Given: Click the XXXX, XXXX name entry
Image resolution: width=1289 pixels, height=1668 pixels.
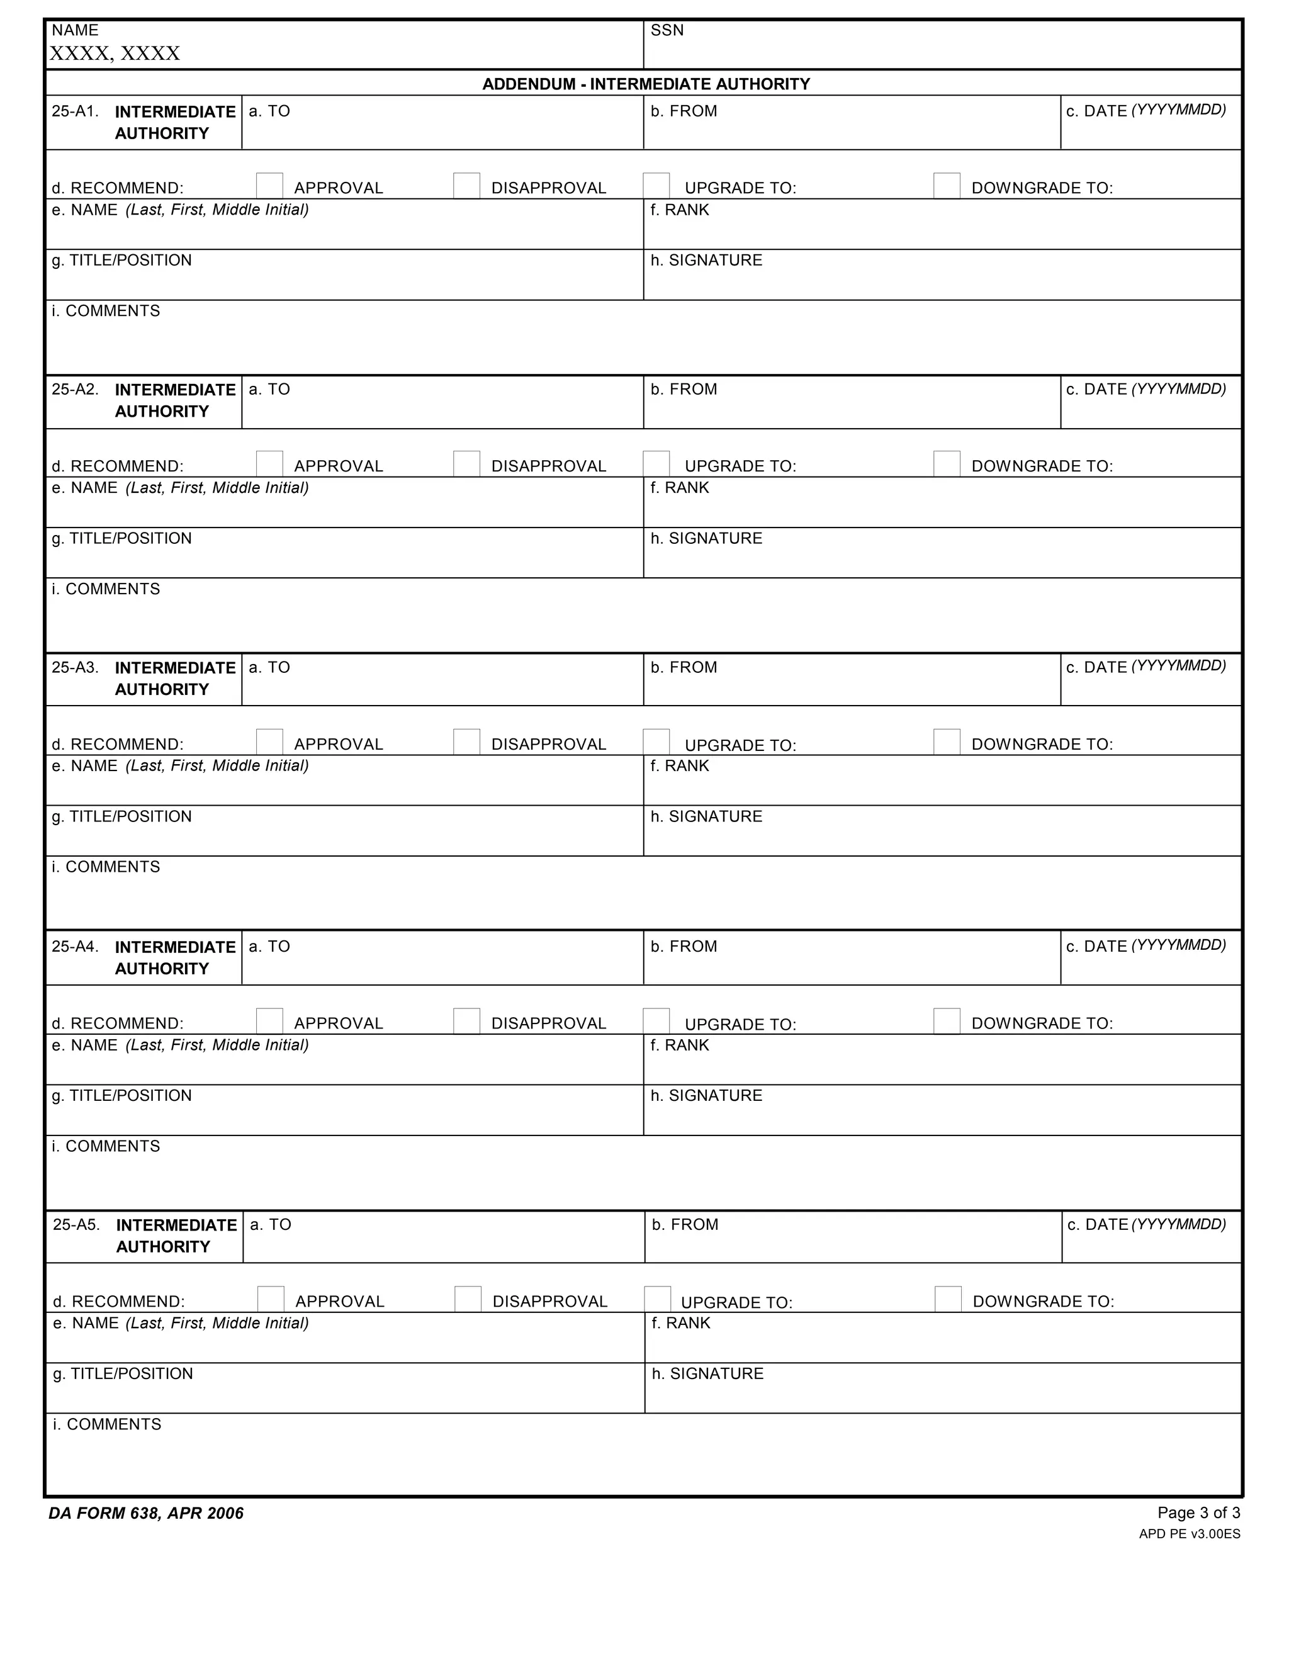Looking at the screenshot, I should [x=115, y=54].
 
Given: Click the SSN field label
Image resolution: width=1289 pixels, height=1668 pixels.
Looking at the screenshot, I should [x=667, y=31].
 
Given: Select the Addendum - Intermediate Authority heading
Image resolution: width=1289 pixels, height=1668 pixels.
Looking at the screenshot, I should [x=645, y=84].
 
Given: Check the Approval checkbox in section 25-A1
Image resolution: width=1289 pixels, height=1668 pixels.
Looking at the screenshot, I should [x=269, y=186].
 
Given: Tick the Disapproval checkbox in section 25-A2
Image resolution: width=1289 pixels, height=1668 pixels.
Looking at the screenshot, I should [x=466, y=464].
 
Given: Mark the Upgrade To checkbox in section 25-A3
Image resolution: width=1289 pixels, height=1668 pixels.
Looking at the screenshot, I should [x=656, y=741].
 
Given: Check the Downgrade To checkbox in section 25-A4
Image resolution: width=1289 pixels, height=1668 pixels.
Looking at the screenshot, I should [x=946, y=1021].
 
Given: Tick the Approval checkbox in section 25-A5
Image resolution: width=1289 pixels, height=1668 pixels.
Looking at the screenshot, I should [x=270, y=1299].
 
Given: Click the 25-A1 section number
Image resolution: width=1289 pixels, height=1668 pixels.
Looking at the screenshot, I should [x=75, y=111].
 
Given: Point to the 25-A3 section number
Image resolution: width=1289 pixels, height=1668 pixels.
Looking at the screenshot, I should [x=75, y=667].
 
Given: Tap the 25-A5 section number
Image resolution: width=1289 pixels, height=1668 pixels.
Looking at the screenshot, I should [x=76, y=1225].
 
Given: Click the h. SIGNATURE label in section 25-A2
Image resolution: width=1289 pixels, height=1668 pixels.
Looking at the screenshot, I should [x=706, y=538].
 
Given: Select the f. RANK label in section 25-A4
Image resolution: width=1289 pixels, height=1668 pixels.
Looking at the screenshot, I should [x=680, y=1045].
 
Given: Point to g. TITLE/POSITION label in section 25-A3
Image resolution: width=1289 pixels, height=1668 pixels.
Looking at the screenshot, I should [x=121, y=816].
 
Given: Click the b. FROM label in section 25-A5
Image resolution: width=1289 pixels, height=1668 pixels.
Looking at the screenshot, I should [x=685, y=1225].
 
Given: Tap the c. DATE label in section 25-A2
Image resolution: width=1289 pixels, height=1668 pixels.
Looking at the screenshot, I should [x=1145, y=390].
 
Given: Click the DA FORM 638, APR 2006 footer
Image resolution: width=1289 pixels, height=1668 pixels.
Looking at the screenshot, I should [x=146, y=1514].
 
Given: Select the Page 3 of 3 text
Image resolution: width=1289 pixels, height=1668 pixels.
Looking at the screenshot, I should [x=1198, y=1513].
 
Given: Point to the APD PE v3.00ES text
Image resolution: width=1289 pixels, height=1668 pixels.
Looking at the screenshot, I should [x=1189, y=1533].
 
